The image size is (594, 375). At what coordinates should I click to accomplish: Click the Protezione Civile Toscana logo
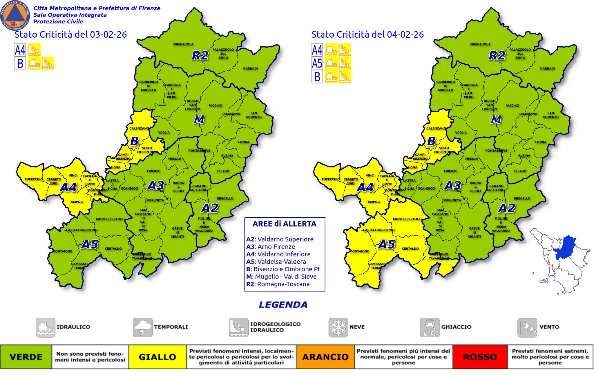point(15,15)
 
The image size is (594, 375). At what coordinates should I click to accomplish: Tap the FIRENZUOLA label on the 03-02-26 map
point(183,44)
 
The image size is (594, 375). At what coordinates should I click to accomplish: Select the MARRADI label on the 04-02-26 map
point(547,69)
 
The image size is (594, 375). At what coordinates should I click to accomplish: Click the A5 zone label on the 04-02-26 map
point(387,244)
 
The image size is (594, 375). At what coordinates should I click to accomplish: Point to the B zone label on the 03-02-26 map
point(134,141)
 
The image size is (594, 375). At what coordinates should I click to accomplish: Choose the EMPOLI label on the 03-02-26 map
point(77,202)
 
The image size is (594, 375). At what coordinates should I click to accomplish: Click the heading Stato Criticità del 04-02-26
point(367,34)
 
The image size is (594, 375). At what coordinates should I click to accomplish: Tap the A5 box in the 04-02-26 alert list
point(317,63)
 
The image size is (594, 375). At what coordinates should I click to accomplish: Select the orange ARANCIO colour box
point(325,356)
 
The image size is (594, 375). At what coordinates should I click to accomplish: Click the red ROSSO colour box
point(480,356)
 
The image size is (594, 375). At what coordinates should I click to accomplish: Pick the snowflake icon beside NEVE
point(338,328)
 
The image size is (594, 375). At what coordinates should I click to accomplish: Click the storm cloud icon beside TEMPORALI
point(143,328)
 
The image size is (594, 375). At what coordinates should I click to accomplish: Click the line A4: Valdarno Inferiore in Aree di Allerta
point(278,254)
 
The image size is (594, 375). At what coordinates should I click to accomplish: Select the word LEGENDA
point(283,305)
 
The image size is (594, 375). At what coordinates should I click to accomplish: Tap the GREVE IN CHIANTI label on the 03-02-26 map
point(177,233)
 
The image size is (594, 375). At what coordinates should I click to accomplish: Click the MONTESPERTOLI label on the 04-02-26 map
point(406,219)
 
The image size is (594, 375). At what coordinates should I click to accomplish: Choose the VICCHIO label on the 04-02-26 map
point(512,105)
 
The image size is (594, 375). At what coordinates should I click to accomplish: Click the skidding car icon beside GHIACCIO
point(430,328)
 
